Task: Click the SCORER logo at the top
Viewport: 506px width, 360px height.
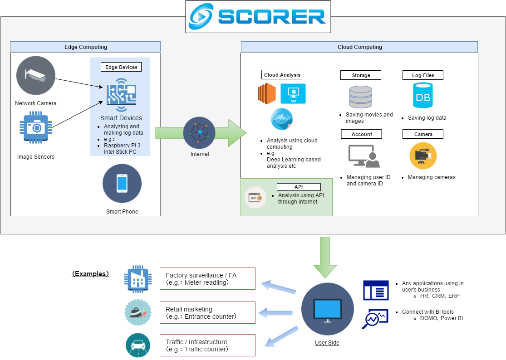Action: [258, 17]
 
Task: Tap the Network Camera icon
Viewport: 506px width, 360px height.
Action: [36, 75]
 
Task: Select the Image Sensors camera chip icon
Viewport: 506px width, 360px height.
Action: [35, 127]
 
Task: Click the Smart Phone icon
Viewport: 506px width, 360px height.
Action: [122, 183]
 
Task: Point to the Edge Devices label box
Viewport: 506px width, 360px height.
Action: [121, 67]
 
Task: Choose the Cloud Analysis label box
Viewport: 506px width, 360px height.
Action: [282, 75]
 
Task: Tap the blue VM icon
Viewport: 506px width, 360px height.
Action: [293, 94]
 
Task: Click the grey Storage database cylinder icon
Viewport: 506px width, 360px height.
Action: [361, 97]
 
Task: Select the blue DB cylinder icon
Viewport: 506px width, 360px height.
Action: [423, 95]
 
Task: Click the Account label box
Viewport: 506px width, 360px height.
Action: [361, 134]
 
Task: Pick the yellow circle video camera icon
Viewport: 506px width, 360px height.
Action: [423, 156]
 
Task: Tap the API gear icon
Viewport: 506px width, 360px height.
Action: [255, 198]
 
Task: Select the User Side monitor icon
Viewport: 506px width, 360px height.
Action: [328, 309]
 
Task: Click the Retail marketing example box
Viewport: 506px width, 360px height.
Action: [207, 313]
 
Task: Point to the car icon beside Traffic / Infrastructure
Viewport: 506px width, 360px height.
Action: [138, 345]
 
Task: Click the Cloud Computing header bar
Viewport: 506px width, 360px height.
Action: [359, 47]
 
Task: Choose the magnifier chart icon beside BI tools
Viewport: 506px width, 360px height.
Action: [375, 318]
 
